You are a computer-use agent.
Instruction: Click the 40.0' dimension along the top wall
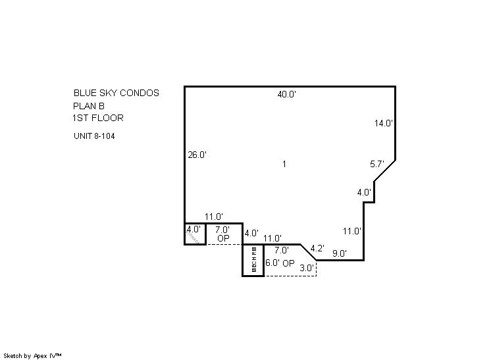286,95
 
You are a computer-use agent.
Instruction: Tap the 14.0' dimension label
384,123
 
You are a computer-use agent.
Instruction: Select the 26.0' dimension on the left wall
197,155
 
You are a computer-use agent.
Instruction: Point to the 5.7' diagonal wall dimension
376,165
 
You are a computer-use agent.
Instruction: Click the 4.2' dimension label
317,248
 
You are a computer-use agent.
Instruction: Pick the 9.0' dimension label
339,253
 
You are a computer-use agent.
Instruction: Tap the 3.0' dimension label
307,268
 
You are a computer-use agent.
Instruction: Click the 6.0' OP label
280,263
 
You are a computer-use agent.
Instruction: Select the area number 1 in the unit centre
284,165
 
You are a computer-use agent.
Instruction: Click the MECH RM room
253,260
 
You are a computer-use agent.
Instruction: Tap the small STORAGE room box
195,234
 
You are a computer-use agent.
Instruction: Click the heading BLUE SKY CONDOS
116,93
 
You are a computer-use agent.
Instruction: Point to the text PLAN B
89,106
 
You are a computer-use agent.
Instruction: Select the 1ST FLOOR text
98,118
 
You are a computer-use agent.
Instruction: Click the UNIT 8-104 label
97,136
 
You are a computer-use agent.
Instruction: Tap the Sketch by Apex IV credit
32,355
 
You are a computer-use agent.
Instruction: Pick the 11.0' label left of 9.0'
352,231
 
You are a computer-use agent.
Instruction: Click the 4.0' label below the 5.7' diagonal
364,193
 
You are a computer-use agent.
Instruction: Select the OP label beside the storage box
223,239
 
